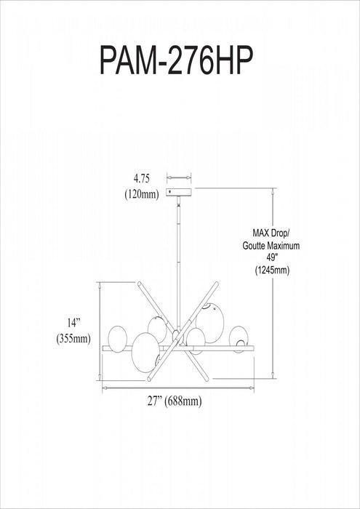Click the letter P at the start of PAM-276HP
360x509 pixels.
click(x=109, y=60)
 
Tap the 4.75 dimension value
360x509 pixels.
click(x=142, y=179)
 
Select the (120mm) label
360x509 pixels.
click(x=142, y=194)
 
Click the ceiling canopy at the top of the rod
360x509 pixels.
click(x=179, y=192)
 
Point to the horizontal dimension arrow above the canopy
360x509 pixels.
click(x=179, y=177)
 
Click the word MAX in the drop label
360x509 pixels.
click(x=260, y=233)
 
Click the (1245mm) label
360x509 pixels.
click(x=272, y=270)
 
